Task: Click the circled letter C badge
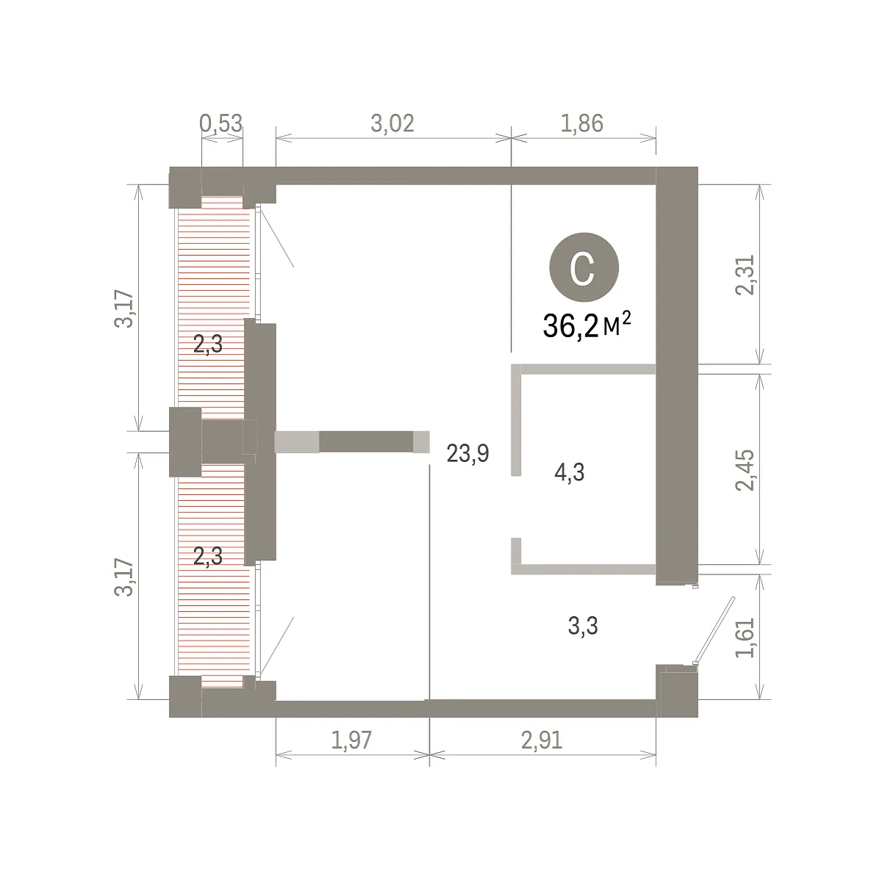coord(584,267)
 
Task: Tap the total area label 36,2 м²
coord(587,325)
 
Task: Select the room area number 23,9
coord(467,453)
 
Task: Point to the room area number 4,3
coord(570,472)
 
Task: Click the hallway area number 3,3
coord(583,625)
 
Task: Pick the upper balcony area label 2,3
coord(208,344)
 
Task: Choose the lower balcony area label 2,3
coord(208,556)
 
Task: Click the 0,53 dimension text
coord(220,123)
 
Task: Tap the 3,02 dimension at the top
coord(392,123)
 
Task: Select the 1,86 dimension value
coord(581,123)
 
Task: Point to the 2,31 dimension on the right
coord(745,275)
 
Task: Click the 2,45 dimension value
coord(745,470)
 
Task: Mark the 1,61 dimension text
coord(745,638)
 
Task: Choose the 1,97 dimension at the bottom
coord(351,740)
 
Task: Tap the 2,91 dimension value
coord(542,740)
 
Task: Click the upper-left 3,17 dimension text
coord(123,308)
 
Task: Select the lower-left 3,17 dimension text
coord(123,577)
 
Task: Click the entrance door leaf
coord(714,630)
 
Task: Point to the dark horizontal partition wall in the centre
coord(366,442)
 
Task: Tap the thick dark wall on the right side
coord(677,375)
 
